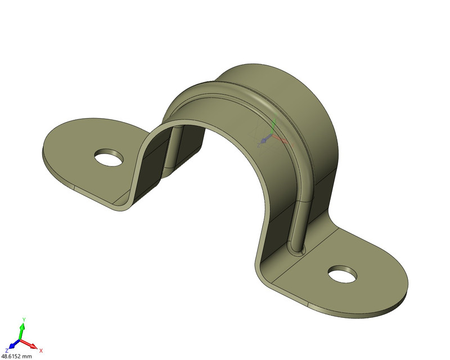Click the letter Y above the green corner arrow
point(23,319)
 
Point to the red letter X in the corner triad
point(41,350)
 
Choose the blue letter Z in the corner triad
point(7,350)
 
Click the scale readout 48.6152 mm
point(17,356)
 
